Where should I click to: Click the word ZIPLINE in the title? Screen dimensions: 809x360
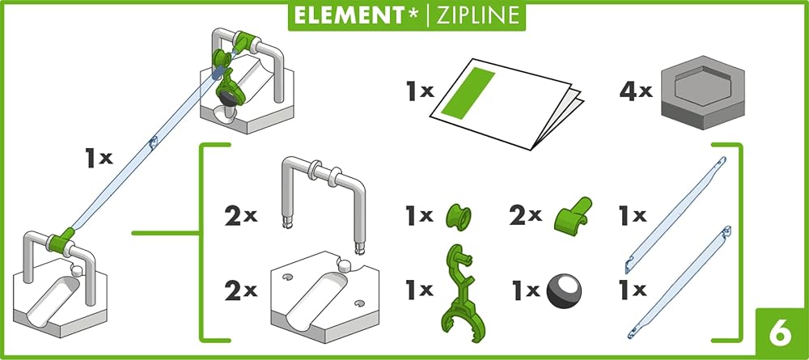[x=476, y=15]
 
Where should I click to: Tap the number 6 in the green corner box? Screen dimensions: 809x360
[x=780, y=333]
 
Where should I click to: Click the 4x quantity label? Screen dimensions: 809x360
[x=636, y=91]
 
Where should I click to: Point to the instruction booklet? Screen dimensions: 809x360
[x=505, y=104]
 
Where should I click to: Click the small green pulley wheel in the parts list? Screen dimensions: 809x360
[x=458, y=217]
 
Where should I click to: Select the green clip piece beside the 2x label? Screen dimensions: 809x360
[x=572, y=215]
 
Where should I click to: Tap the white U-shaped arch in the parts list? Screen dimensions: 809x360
[x=323, y=201]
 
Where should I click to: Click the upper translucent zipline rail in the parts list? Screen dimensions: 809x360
[x=676, y=214]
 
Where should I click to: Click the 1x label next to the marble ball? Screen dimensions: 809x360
[x=526, y=290]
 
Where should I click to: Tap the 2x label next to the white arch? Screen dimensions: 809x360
[x=240, y=217]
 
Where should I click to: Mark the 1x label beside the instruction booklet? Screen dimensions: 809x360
[x=419, y=91]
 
